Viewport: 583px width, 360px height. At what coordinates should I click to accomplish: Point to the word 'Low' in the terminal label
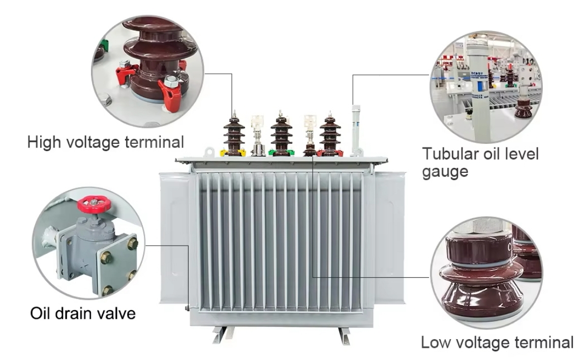(x=435, y=342)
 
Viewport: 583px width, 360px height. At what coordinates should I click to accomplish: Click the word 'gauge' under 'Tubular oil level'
(x=445, y=172)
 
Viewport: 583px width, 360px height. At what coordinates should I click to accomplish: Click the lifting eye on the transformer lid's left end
(x=209, y=152)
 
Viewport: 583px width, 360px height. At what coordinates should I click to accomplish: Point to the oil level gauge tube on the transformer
(x=356, y=129)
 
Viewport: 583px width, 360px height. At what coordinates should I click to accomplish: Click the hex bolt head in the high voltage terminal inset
(x=171, y=80)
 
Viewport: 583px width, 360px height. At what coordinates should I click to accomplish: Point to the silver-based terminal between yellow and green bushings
(x=258, y=135)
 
